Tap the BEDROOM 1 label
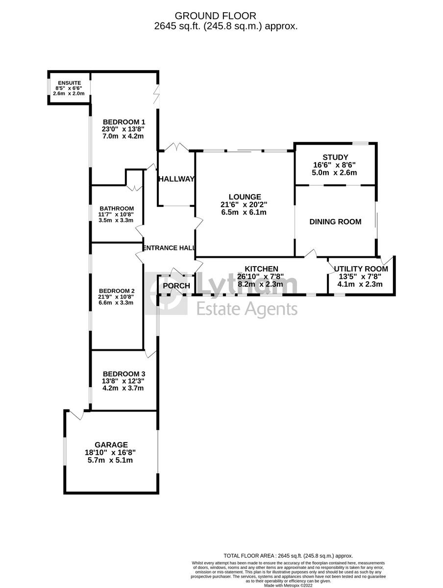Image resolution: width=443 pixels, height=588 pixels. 123,122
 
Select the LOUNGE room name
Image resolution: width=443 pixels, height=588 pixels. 244,196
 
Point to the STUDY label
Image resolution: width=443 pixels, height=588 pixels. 335,157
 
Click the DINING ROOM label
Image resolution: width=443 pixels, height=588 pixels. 335,221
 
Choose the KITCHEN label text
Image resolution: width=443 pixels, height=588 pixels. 262,269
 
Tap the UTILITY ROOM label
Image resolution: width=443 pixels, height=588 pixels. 361,269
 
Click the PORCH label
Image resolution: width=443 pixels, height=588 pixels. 176,286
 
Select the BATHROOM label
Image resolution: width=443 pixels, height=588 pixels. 117,208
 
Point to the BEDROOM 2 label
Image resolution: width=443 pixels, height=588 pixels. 116,291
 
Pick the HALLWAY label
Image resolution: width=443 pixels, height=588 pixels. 176,179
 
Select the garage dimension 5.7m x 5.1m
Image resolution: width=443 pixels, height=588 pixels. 110,460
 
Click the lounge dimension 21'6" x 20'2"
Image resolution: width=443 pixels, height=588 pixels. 244,204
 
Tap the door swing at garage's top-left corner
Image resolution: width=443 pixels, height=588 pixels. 76,414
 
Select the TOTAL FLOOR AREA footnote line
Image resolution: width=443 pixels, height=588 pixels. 288,556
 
